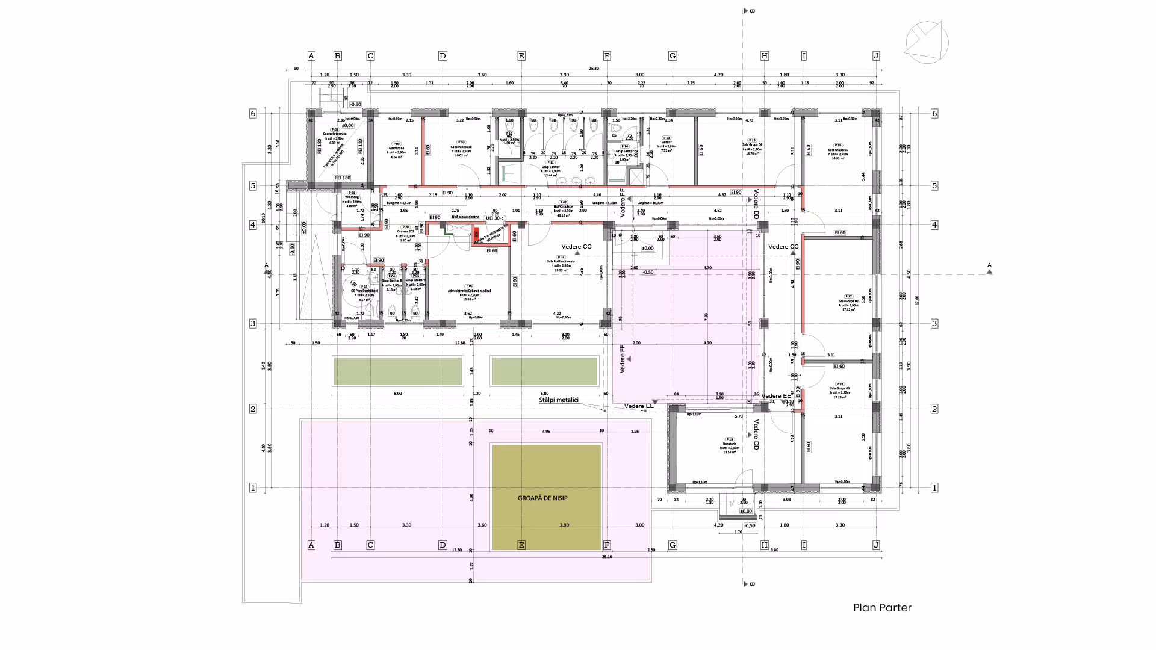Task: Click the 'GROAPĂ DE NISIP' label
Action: pos(542,498)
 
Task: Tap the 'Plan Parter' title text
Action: pos(882,608)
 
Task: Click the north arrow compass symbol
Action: pos(927,42)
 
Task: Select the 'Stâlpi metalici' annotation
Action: pos(559,400)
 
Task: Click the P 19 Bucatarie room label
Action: pos(730,445)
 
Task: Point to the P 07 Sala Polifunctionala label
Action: pos(561,263)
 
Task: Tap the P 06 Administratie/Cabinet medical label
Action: pos(469,292)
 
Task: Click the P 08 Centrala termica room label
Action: pos(334,135)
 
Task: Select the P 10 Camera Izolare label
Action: pos(461,149)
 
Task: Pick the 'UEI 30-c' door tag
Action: pos(495,218)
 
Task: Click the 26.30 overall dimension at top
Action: pos(594,69)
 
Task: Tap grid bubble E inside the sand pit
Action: pos(521,545)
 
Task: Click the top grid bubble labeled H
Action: pos(765,56)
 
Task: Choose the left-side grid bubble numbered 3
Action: pos(253,324)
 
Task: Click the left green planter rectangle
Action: pos(398,371)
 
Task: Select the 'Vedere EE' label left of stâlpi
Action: pos(639,406)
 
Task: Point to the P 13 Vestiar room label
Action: pos(667,144)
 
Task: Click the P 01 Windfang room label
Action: pos(352,199)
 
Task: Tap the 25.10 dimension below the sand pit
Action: pos(606,557)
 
